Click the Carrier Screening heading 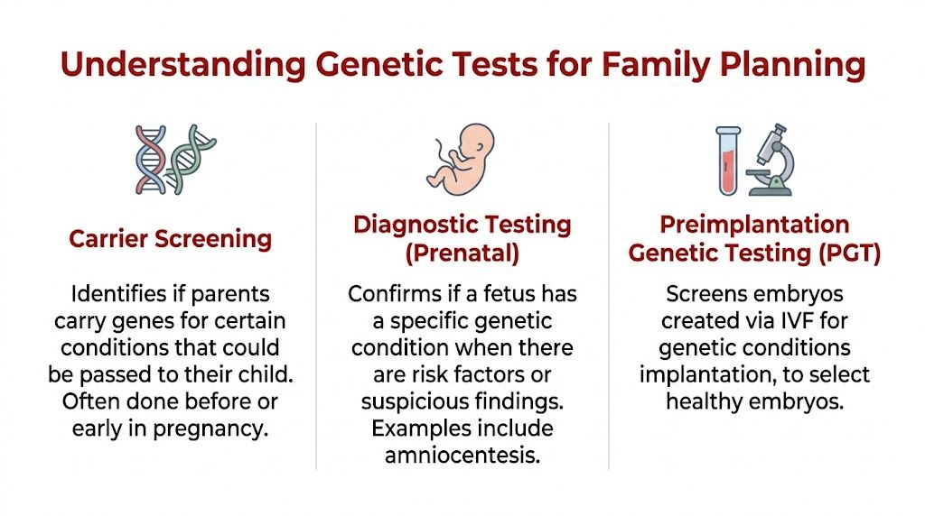tap(171, 239)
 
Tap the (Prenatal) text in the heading tap(462, 253)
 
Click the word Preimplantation tap(754, 224)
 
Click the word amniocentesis tap(462, 455)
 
